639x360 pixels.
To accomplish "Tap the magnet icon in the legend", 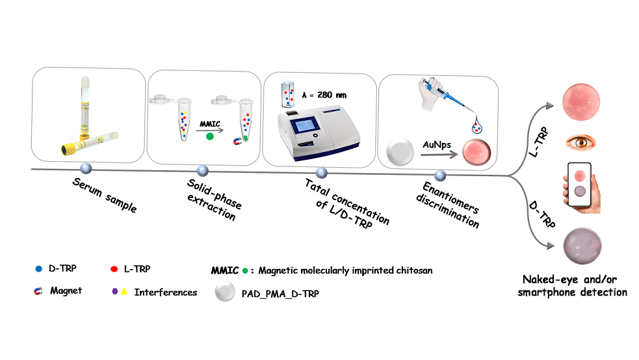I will pyautogui.click(x=38, y=291).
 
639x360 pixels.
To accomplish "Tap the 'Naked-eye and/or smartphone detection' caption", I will pyautogui.click(x=572, y=287).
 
